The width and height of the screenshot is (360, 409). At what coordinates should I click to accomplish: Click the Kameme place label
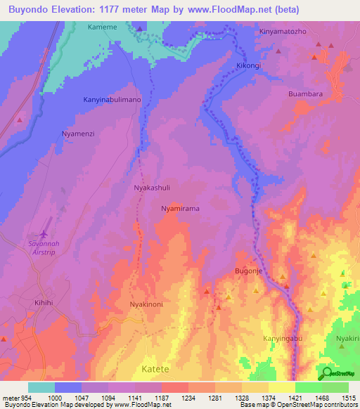102,27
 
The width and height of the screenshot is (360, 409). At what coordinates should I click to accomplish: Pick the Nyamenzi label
78,133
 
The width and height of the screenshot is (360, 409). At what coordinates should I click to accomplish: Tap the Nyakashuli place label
152,188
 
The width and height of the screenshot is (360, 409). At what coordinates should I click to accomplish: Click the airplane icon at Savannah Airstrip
45,233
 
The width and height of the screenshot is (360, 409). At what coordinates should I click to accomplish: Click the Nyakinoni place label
146,304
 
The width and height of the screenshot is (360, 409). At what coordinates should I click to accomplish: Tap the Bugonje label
247,271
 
